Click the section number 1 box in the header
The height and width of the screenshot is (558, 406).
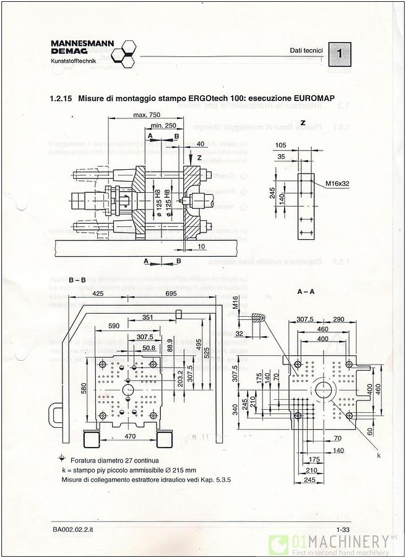pos(339,54)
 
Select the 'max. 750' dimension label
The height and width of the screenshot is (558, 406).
pos(146,115)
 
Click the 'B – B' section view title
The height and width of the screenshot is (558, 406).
pos(77,280)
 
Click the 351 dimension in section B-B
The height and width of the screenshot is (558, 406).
pos(147,317)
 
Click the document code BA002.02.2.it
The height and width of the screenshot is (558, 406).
pos(73,529)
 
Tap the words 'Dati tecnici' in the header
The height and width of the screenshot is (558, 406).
pos(306,50)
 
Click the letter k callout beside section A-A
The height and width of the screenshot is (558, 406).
pos(378,456)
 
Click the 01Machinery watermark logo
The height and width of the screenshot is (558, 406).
pos(334,544)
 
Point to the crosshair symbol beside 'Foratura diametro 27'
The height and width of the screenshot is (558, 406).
pos(61,459)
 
